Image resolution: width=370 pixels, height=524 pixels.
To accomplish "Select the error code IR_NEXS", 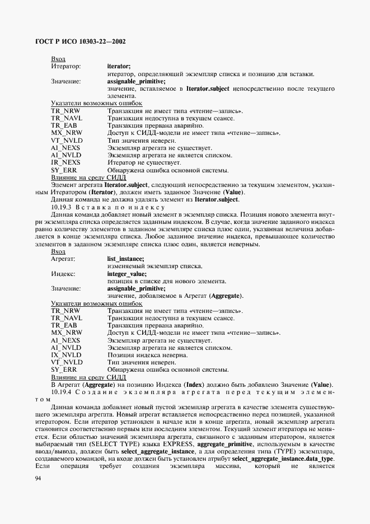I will [65, 162].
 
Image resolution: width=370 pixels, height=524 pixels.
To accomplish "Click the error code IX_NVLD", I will [66, 355].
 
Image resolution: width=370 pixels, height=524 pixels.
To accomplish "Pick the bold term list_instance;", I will [125, 259].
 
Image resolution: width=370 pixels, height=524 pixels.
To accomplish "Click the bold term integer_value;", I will [127, 274].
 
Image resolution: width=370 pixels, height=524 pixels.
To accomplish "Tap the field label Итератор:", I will [65, 67].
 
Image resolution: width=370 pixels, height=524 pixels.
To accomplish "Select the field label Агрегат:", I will [63, 259].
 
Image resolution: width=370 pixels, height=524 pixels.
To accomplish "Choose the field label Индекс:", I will [63, 274].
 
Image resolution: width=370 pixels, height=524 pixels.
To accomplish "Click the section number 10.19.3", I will [62, 207].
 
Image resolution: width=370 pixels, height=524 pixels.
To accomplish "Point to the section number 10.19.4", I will [62, 391].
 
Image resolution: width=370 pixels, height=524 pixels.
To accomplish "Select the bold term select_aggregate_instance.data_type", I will [282, 458].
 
